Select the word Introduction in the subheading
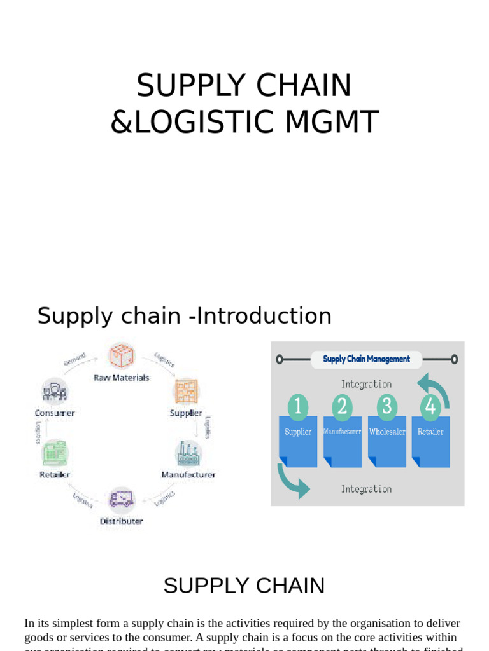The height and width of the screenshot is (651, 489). click(264, 316)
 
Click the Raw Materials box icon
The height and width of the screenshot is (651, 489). click(121, 355)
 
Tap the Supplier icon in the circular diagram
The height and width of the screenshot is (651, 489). click(187, 391)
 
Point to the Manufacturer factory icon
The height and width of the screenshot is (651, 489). click(188, 453)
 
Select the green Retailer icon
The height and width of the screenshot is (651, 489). click(55, 453)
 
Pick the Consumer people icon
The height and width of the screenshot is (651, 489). click(55, 391)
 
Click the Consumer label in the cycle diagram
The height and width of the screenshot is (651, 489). click(55, 413)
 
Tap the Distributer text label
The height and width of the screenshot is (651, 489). click(121, 521)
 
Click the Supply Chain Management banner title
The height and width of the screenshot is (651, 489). click(366, 359)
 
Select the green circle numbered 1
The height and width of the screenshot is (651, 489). click(298, 407)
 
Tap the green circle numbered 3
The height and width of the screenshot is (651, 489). click(387, 407)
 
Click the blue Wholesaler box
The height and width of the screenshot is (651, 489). click(387, 440)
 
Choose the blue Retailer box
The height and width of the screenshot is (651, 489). click(430, 440)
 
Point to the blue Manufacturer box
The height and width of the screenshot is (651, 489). click(342, 440)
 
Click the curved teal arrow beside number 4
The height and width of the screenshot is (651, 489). click(434, 388)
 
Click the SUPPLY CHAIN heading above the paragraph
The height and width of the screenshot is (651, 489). click(244, 586)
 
